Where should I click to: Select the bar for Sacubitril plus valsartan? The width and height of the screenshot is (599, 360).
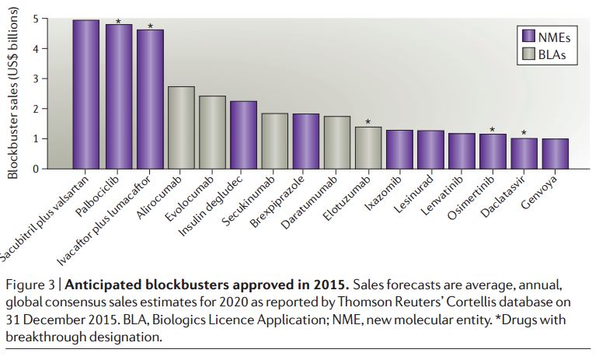pos(85,94)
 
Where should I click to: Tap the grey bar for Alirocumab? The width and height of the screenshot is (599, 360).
pos(181,128)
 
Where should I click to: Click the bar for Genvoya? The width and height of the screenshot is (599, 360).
pos(555,154)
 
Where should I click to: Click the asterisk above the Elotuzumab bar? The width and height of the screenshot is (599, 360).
pos(367,122)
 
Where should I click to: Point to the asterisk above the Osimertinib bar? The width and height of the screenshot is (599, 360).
pos(492,130)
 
